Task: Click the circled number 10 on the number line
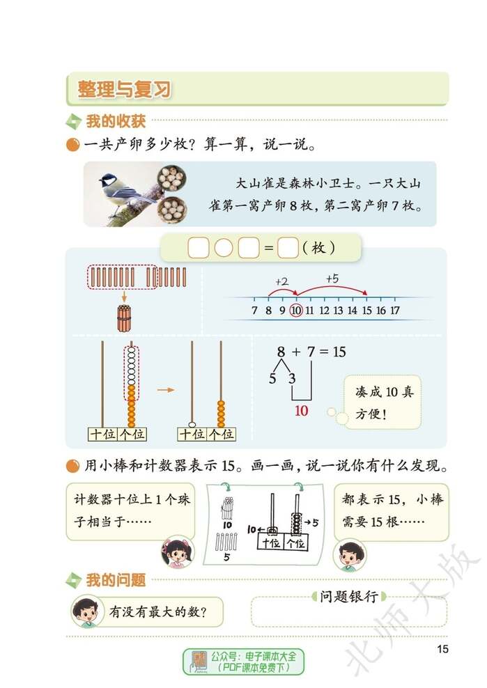[296, 310]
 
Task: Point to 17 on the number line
[395, 310]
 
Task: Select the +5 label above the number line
[333, 279]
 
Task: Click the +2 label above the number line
[282, 281]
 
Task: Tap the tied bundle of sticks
[124, 319]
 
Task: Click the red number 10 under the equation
[301, 410]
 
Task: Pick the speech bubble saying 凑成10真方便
[382, 402]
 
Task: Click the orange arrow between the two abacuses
[165, 390]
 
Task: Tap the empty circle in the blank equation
[224, 248]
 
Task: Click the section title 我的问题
[115, 580]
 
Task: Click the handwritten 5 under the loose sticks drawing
[227, 557]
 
